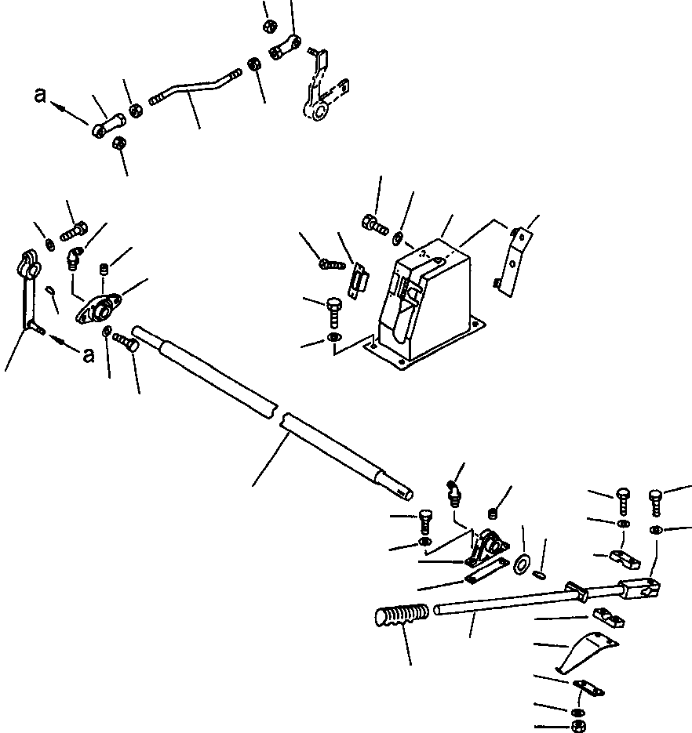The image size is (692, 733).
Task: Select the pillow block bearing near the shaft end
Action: (x=486, y=546)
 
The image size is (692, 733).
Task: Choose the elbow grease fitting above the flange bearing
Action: (x=74, y=259)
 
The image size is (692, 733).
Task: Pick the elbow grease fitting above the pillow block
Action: (x=455, y=493)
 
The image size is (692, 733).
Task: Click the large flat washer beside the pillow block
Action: (x=522, y=563)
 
